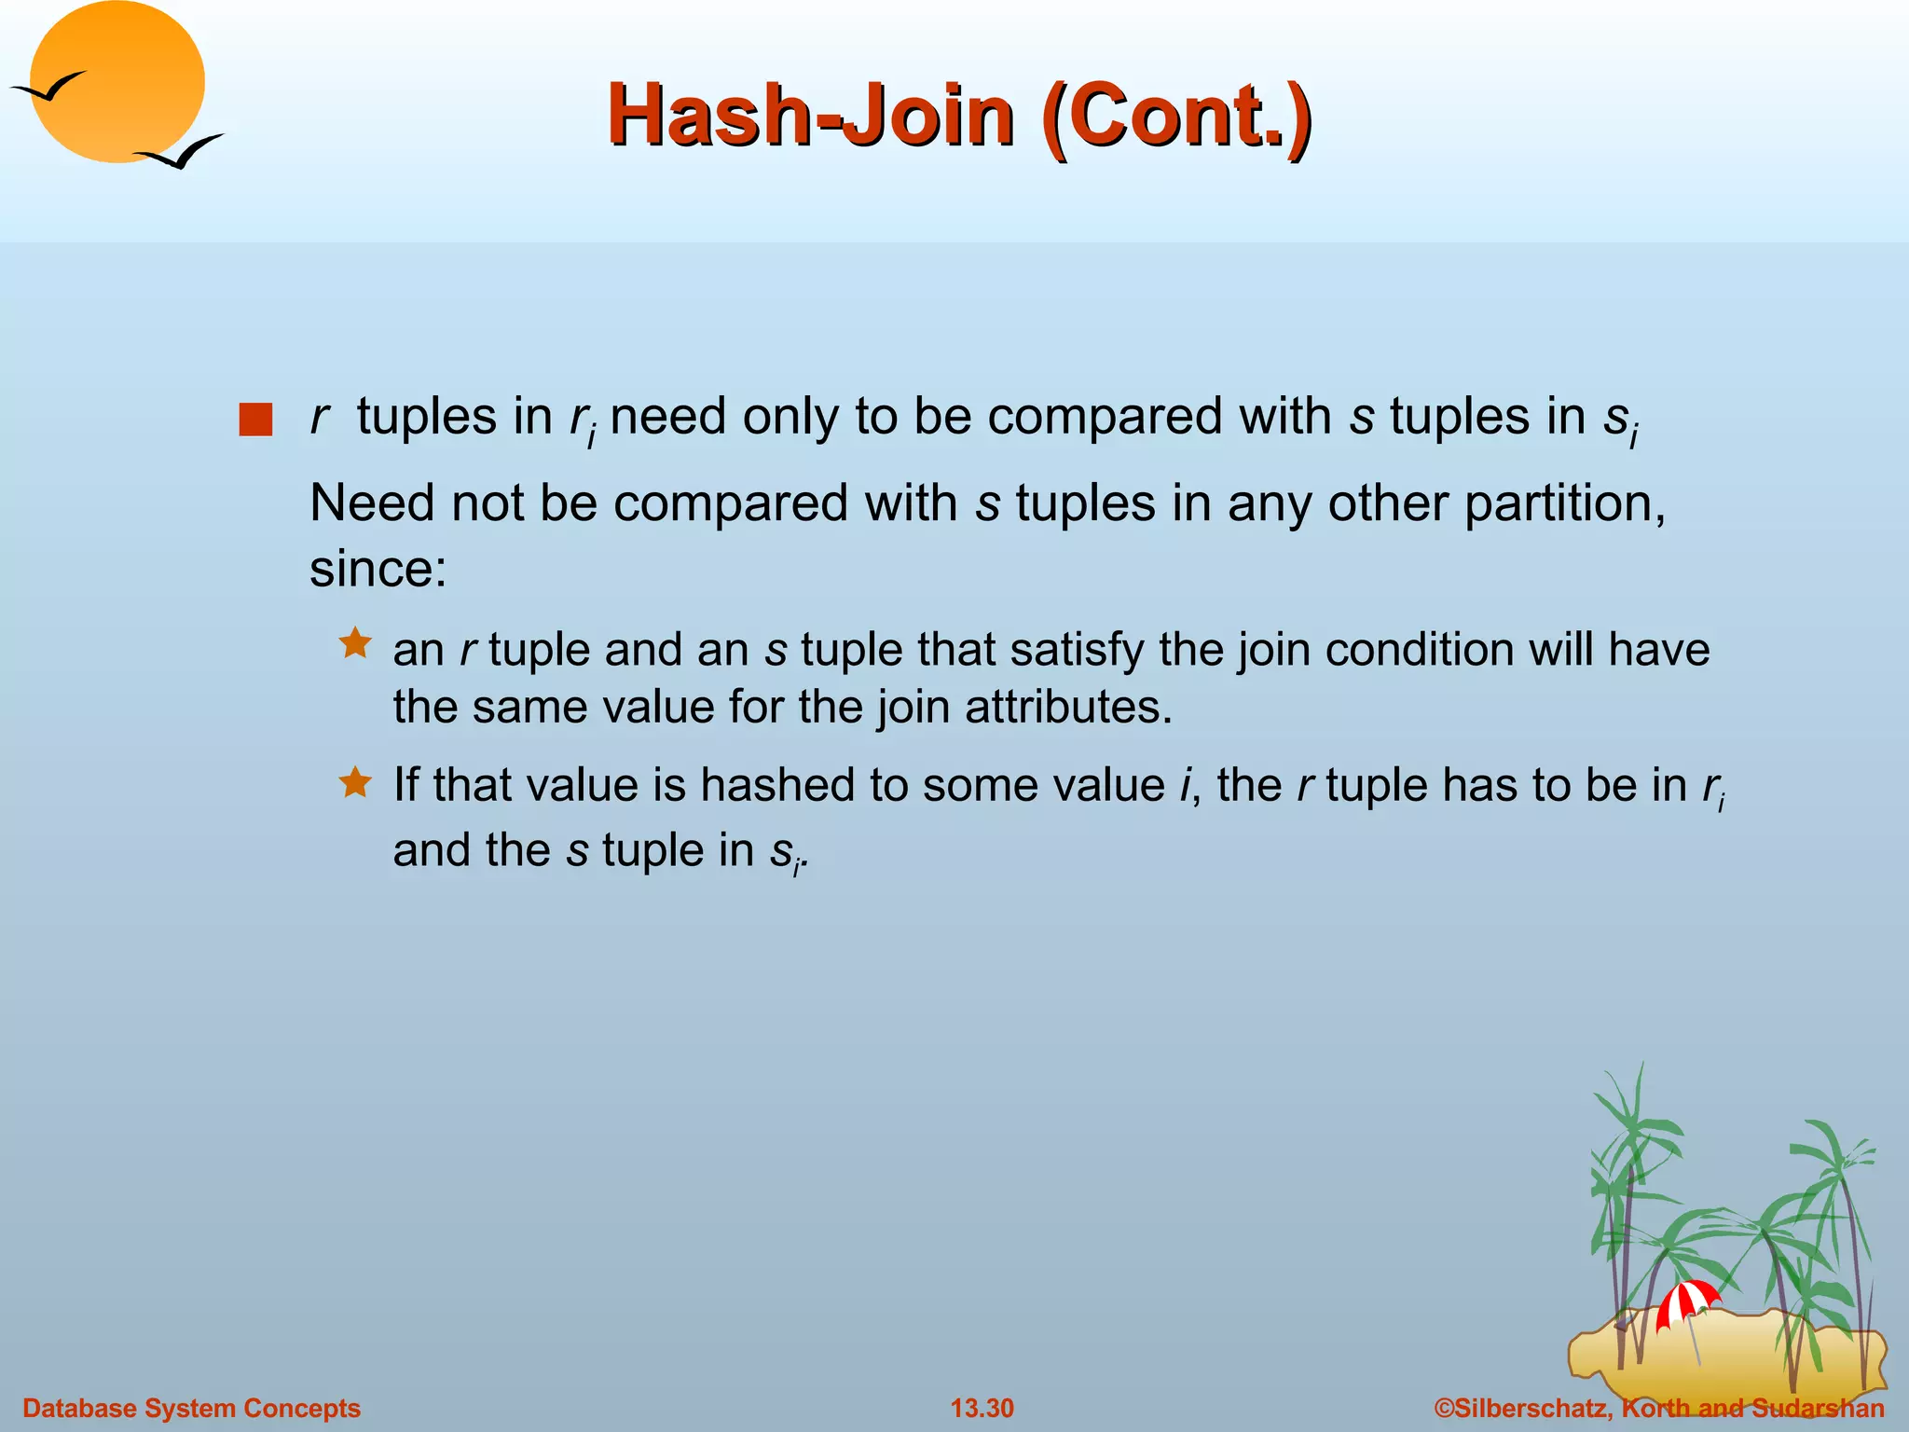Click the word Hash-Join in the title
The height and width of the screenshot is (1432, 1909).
(x=809, y=116)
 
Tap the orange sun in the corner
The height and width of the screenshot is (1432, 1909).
(x=117, y=82)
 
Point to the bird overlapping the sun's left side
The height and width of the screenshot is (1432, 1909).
(x=48, y=87)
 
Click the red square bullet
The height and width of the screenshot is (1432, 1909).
(x=254, y=420)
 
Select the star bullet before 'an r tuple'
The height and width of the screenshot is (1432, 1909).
(x=355, y=643)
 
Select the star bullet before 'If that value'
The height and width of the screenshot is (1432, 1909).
(x=355, y=781)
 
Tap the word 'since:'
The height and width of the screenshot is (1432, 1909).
(x=378, y=569)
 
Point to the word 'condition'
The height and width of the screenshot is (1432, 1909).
(x=1419, y=650)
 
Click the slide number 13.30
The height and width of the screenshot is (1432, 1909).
(x=982, y=1408)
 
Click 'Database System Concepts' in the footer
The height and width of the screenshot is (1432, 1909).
(x=191, y=1408)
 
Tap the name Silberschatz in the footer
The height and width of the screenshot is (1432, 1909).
(x=1530, y=1408)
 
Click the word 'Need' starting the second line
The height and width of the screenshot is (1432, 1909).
(x=372, y=504)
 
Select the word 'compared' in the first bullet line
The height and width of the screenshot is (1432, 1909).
(x=1104, y=417)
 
